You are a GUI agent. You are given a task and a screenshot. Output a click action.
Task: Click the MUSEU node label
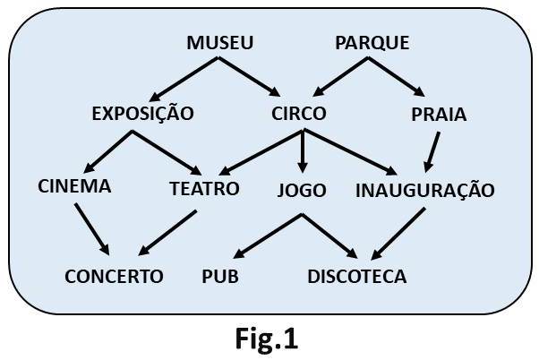(x=220, y=43)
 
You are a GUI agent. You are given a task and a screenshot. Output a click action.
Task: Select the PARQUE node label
(x=372, y=43)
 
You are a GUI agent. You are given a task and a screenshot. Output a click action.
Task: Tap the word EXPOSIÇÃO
(x=143, y=114)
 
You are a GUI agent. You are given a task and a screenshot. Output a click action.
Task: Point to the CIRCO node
(x=298, y=114)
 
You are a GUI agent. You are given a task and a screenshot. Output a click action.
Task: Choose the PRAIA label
(x=439, y=114)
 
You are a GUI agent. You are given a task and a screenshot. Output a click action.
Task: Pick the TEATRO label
(x=204, y=189)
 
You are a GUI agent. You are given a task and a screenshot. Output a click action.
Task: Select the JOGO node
(x=302, y=190)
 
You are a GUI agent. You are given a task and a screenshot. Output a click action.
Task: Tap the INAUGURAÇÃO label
(x=424, y=190)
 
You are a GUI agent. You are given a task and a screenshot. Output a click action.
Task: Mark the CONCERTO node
(x=114, y=276)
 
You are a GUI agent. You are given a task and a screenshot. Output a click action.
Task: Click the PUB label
(x=220, y=276)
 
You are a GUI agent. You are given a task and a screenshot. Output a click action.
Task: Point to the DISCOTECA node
(x=356, y=276)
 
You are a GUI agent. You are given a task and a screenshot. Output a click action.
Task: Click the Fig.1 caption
(x=267, y=339)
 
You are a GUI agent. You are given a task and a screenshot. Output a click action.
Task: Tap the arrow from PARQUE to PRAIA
(x=395, y=77)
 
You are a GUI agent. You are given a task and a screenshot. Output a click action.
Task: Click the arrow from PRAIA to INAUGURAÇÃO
(x=432, y=150)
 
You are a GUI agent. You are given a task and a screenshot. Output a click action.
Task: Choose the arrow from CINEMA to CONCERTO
(x=92, y=227)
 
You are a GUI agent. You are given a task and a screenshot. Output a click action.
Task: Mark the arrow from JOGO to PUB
(x=261, y=235)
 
